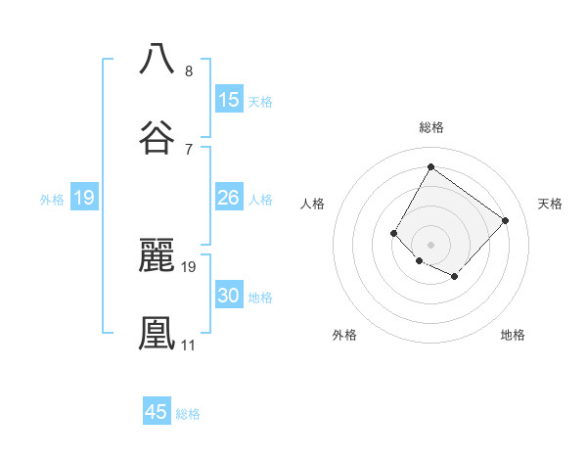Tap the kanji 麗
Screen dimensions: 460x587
pyautogui.click(x=158, y=255)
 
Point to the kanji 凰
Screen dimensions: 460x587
pyautogui.click(x=158, y=331)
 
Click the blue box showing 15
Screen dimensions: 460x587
pyautogui.click(x=229, y=100)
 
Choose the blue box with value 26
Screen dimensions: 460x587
pyautogui.click(x=229, y=198)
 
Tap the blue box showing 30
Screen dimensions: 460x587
pyautogui.click(x=229, y=296)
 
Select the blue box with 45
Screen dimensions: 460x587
pyautogui.click(x=157, y=412)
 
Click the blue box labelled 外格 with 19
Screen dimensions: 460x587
pyautogui.click(x=84, y=198)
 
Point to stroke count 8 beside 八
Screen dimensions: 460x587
pyautogui.click(x=188, y=71)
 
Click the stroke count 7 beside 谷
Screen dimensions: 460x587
pyautogui.click(x=188, y=149)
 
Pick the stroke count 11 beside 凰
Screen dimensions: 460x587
pyautogui.click(x=188, y=345)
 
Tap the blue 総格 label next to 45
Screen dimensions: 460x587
pyautogui.click(x=188, y=414)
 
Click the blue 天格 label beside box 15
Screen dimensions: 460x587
pyautogui.click(x=260, y=102)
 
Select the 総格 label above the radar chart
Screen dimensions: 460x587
pyautogui.click(x=430, y=127)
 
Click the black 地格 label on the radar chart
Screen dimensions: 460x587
pyautogui.click(x=513, y=335)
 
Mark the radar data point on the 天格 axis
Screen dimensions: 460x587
pyautogui.click(x=505, y=220)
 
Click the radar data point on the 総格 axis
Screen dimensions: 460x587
pyautogui.click(x=430, y=166)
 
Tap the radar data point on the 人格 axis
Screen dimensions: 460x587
pyautogui.click(x=394, y=233)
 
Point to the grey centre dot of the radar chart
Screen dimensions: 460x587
pyautogui.click(x=430, y=245)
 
